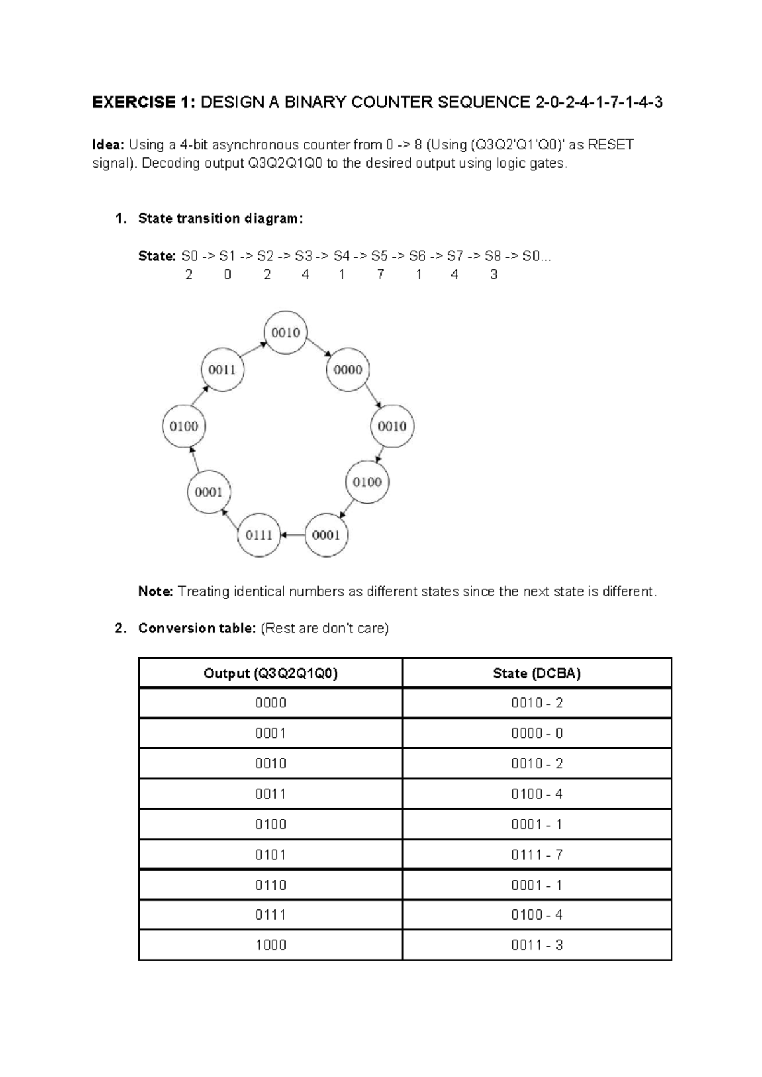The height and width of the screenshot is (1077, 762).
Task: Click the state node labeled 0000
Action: click(348, 370)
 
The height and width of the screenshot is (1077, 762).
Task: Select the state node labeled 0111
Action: click(259, 535)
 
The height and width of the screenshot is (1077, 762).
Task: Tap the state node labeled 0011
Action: click(222, 370)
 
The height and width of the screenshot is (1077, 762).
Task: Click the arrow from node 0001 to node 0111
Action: click(293, 535)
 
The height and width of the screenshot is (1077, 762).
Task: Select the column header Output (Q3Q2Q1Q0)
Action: click(271, 673)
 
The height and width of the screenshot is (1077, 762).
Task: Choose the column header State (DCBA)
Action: click(537, 673)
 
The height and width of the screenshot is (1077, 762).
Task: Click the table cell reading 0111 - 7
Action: click(537, 855)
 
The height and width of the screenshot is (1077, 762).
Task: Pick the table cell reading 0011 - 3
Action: click(537, 945)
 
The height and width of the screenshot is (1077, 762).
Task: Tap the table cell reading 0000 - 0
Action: click(537, 733)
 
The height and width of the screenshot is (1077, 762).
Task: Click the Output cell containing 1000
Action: click(271, 945)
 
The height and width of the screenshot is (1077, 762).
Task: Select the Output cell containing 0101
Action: click(271, 855)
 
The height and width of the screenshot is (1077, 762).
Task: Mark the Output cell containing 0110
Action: click(271, 885)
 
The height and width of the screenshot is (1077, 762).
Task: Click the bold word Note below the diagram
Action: click(156, 592)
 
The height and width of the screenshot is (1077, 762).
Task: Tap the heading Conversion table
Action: click(197, 629)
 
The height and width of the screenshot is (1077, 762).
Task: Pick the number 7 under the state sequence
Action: click(380, 275)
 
